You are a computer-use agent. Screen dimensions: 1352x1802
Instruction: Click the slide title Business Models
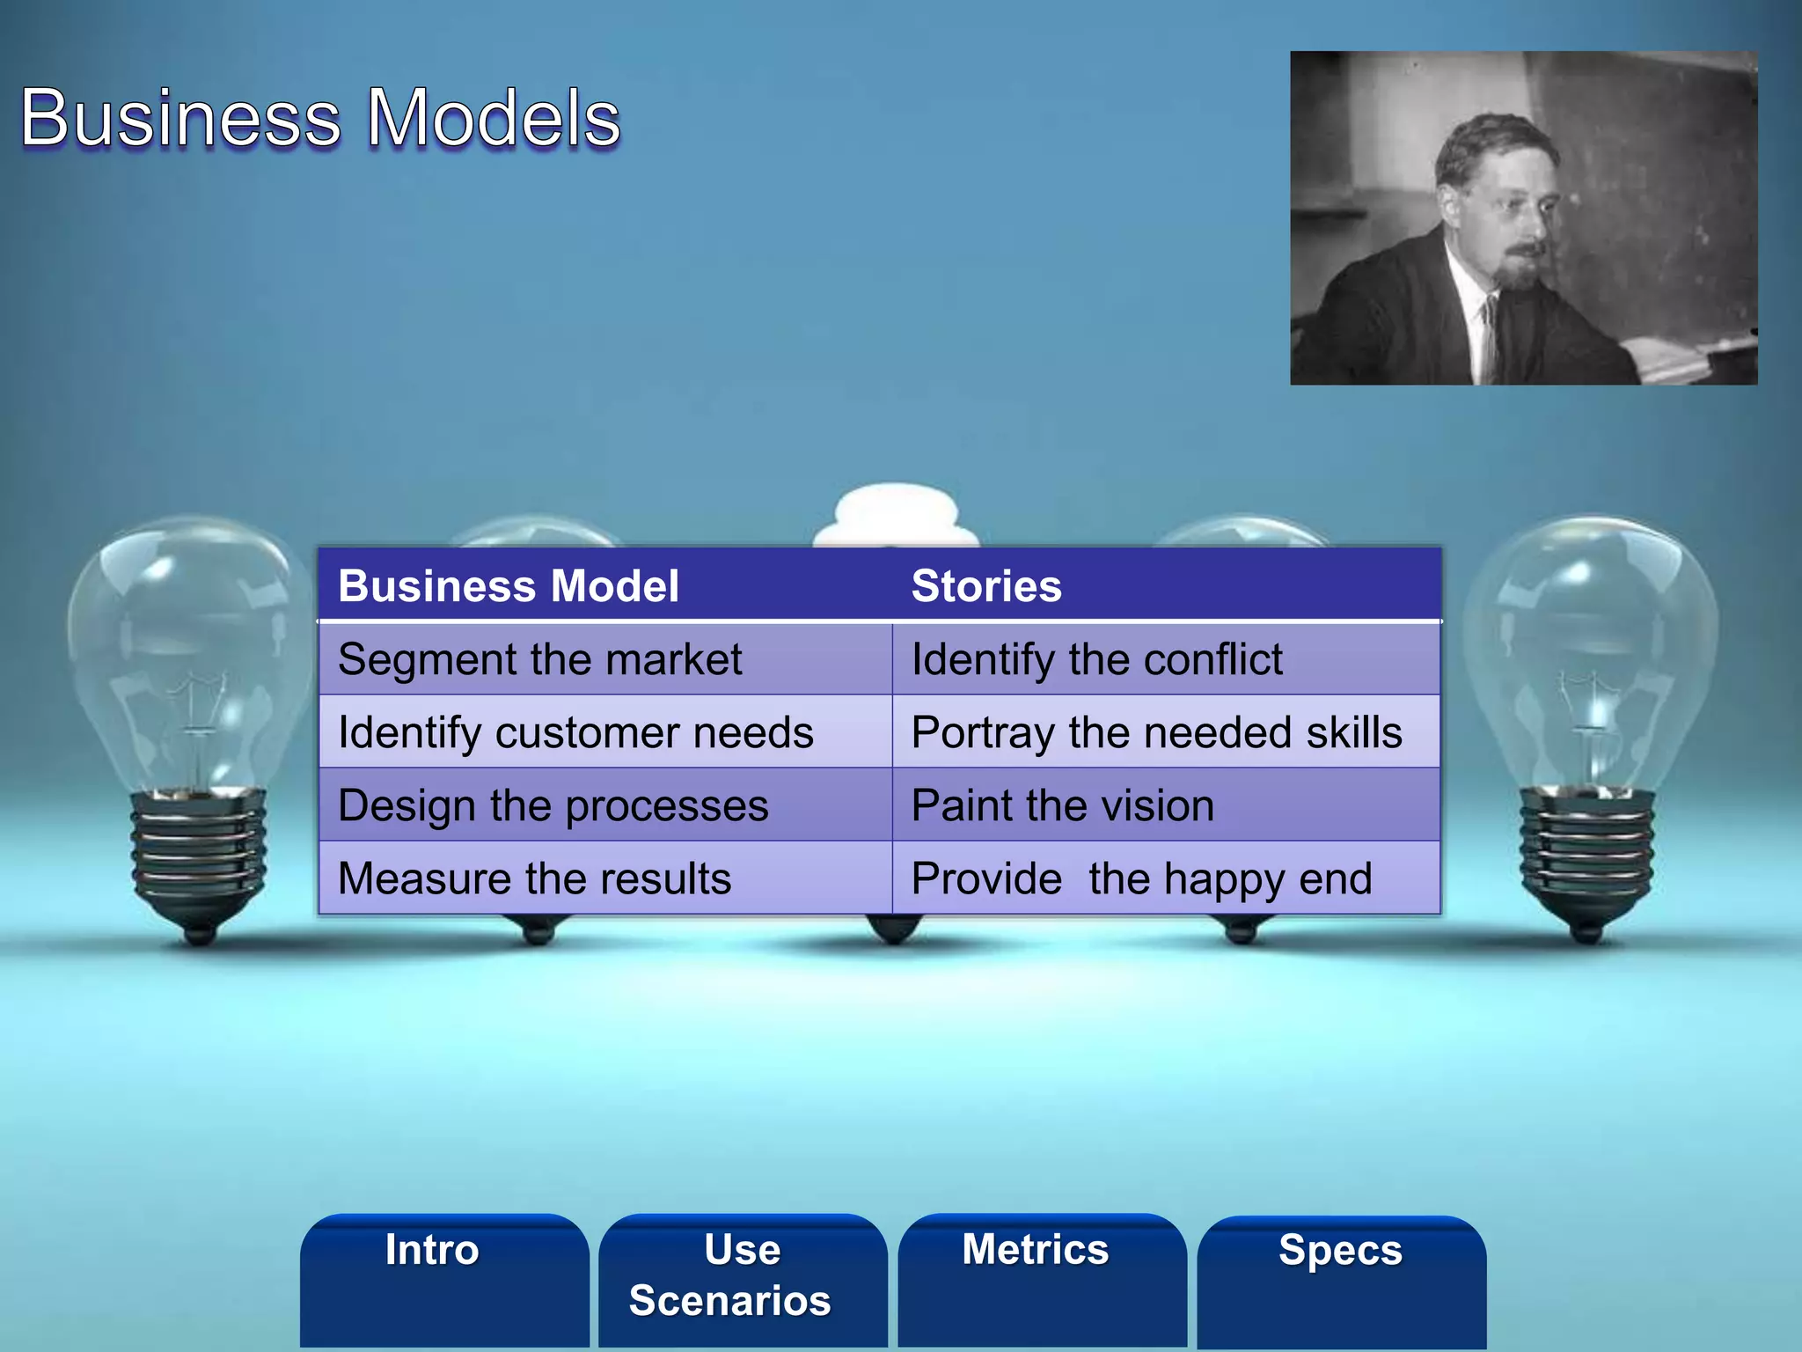320,118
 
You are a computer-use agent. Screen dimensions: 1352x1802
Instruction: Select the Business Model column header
509,586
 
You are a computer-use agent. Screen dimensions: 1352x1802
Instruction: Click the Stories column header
986,586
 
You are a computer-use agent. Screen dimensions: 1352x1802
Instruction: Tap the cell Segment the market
540,659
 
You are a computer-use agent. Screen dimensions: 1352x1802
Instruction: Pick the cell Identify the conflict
1096,659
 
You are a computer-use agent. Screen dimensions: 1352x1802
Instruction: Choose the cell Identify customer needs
575,732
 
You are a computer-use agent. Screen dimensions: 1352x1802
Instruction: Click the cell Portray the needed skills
1156,732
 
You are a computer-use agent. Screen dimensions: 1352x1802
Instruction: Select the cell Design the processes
553,805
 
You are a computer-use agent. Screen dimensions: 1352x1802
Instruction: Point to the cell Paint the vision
1063,805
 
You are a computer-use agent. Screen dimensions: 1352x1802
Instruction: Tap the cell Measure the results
534,878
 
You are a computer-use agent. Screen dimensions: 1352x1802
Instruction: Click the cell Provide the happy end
1141,878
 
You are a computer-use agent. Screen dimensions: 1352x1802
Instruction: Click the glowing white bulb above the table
896,516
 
